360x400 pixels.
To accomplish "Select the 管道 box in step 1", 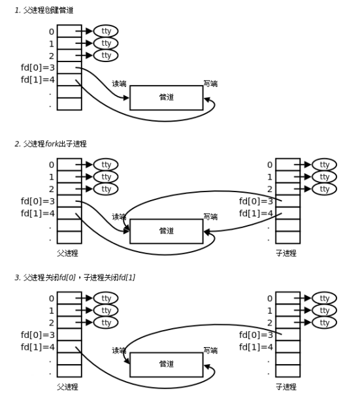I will click(x=166, y=97).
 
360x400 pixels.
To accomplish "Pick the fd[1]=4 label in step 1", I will click(x=37, y=80).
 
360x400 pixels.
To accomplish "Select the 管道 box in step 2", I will click(x=166, y=231).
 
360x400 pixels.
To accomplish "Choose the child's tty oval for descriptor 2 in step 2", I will click(x=324, y=189).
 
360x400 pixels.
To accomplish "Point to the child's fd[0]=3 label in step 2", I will click(x=256, y=201).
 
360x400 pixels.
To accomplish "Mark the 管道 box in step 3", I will click(x=166, y=364).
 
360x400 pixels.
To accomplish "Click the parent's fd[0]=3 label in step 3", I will click(x=37, y=334).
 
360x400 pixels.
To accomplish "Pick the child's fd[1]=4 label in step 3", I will click(x=256, y=346).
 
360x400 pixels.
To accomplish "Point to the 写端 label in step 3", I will click(x=210, y=350).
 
